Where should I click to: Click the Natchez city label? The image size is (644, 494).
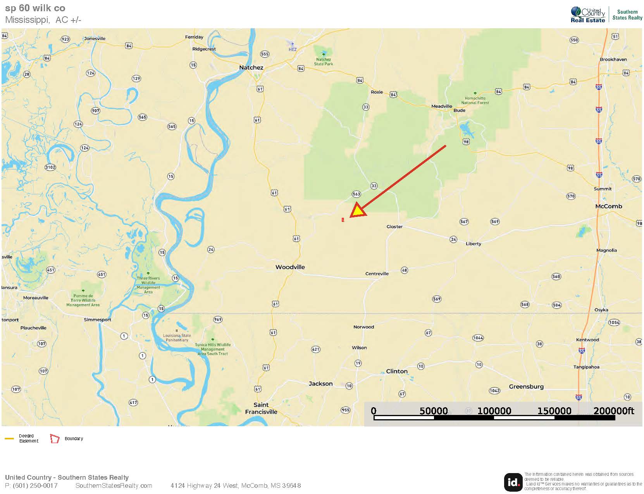251,67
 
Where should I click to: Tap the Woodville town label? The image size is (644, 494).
290,267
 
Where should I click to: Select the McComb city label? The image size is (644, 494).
608,206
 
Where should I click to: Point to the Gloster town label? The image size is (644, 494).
394,227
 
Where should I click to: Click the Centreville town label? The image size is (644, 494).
377,274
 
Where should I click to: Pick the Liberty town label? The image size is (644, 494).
473,244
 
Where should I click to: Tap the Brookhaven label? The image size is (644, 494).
613,59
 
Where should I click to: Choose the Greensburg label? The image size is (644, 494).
526,386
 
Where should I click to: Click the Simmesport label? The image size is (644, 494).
97,320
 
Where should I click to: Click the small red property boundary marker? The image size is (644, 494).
343,220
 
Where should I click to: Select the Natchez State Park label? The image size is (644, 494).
323,62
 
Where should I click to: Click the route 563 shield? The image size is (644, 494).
356,194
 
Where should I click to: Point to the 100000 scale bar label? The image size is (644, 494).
494,411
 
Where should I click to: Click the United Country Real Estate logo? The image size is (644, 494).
587,15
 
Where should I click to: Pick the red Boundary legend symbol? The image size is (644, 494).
55,439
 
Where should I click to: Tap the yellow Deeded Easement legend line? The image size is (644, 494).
9,439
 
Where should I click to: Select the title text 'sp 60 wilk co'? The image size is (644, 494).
35,8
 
